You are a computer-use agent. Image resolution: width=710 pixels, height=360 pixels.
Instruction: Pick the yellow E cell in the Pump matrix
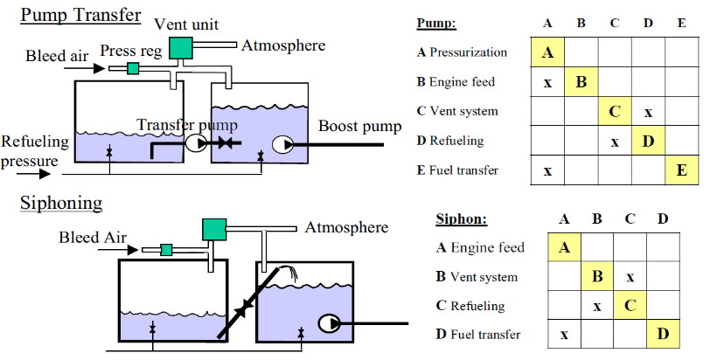(681, 170)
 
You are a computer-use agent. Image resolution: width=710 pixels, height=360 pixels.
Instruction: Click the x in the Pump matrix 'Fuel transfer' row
(547, 170)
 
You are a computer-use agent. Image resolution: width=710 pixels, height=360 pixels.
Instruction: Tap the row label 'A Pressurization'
(463, 52)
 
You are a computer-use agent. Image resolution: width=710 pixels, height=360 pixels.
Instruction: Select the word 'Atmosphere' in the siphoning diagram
(346, 228)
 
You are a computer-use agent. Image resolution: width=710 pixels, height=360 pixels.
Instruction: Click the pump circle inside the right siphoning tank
(330, 323)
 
